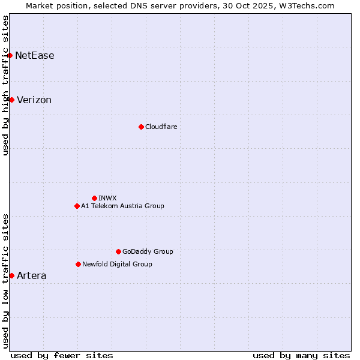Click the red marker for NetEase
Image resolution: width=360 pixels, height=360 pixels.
pyautogui.click(x=10, y=56)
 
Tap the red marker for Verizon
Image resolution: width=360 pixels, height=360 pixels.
pyautogui.click(x=11, y=100)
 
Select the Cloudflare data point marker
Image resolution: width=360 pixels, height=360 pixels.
pyautogui.click(x=141, y=127)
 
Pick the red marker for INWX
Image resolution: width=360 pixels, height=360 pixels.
pyautogui.click(x=94, y=198)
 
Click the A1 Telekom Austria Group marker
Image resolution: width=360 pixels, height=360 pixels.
pyautogui.click(x=77, y=206)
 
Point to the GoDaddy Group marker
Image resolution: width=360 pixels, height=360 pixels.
pyautogui.click(x=118, y=251)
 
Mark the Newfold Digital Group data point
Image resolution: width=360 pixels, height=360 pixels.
pyautogui.click(x=78, y=264)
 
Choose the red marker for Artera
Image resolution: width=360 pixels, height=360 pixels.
pyautogui.click(x=11, y=275)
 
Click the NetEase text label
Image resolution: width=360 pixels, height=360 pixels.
pyautogui.click(x=35, y=56)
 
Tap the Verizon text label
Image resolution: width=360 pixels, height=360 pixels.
pyautogui.click(x=34, y=100)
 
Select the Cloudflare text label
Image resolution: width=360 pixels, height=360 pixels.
pyautogui.click(x=161, y=127)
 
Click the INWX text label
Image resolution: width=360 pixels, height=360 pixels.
pyautogui.click(x=107, y=198)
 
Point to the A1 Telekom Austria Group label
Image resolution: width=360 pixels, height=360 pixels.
pyautogui.click(x=122, y=206)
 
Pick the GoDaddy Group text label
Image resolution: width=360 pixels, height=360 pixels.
pyautogui.click(x=148, y=251)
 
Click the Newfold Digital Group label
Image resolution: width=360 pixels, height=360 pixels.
pyautogui.click(x=117, y=264)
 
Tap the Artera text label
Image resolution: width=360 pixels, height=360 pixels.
pyautogui.click(x=32, y=275)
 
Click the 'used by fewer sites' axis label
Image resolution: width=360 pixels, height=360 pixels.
pyautogui.click(x=62, y=355)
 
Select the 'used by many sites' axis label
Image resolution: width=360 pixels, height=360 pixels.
pyautogui.click(x=301, y=355)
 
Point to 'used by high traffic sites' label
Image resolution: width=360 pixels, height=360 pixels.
pyautogui.click(x=5, y=85)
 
